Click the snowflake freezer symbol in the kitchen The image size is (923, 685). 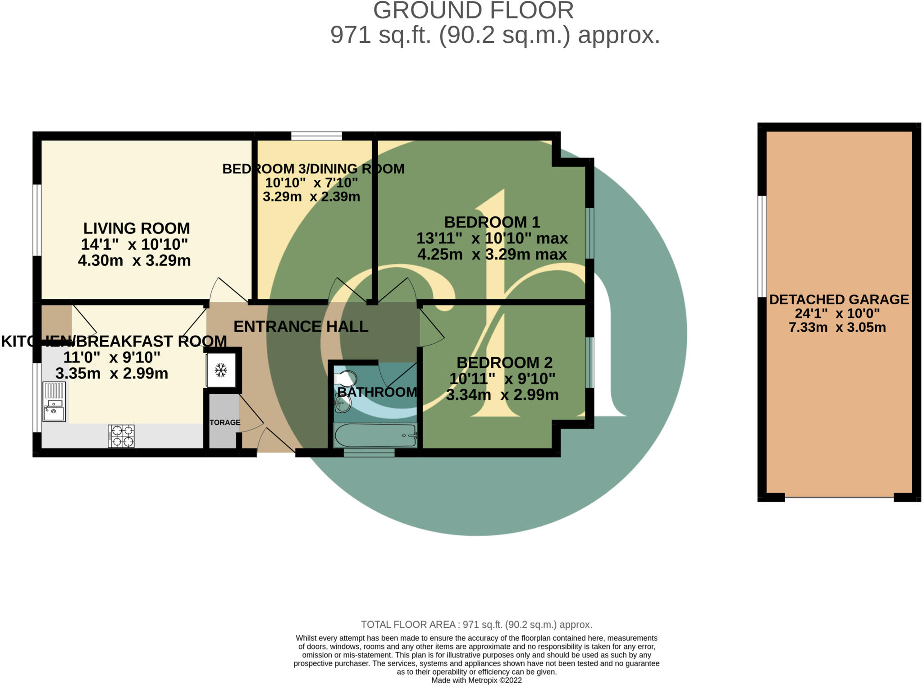(220, 370)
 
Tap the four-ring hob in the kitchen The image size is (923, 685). (121, 436)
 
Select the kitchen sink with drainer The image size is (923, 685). (54, 402)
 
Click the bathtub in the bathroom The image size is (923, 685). (375, 435)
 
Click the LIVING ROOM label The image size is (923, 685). (137, 228)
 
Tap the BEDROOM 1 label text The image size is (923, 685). (492, 222)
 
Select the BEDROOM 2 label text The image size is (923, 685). (504, 362)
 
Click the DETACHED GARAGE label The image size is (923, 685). (839, 299)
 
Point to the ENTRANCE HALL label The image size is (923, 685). (301, 326)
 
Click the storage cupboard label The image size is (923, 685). (225, 422)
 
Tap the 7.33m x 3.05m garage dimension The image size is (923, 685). (837, 327)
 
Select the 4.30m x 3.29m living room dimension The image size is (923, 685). (134, 260)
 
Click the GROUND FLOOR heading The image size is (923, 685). (473, 10)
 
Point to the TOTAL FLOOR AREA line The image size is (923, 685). (476, 625)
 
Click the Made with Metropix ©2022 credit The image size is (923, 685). (476, 680)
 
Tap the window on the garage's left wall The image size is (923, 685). (762, 246)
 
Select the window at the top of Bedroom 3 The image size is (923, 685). (316, 136)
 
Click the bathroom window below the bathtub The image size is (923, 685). (369, 452)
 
